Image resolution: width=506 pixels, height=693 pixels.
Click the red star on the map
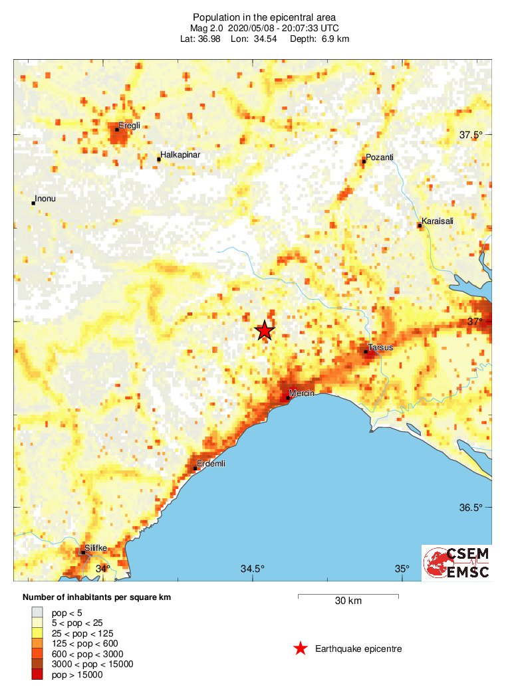[265, 330]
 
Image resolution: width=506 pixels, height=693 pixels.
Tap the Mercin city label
[302, 393]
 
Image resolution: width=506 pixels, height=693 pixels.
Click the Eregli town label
[129, 125]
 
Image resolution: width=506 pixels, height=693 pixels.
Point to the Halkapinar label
[180, 155]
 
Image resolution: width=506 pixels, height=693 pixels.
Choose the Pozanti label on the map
[380, 157]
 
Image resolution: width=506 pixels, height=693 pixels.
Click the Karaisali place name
[437, 221]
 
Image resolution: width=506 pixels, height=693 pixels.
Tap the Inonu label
[45, 199]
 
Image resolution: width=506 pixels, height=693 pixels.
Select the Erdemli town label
[211, 464]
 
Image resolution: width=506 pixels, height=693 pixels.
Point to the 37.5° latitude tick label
[471, 135]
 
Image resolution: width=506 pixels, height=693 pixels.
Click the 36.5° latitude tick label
[471, 508]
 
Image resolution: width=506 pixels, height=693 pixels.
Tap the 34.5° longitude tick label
[253, 569]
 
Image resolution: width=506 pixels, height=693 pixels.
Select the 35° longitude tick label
[402, 569]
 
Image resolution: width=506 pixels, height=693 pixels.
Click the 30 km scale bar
[348, 597]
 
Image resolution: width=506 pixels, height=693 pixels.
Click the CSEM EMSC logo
[457, 563]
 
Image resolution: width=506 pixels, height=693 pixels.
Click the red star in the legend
[301, 648]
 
